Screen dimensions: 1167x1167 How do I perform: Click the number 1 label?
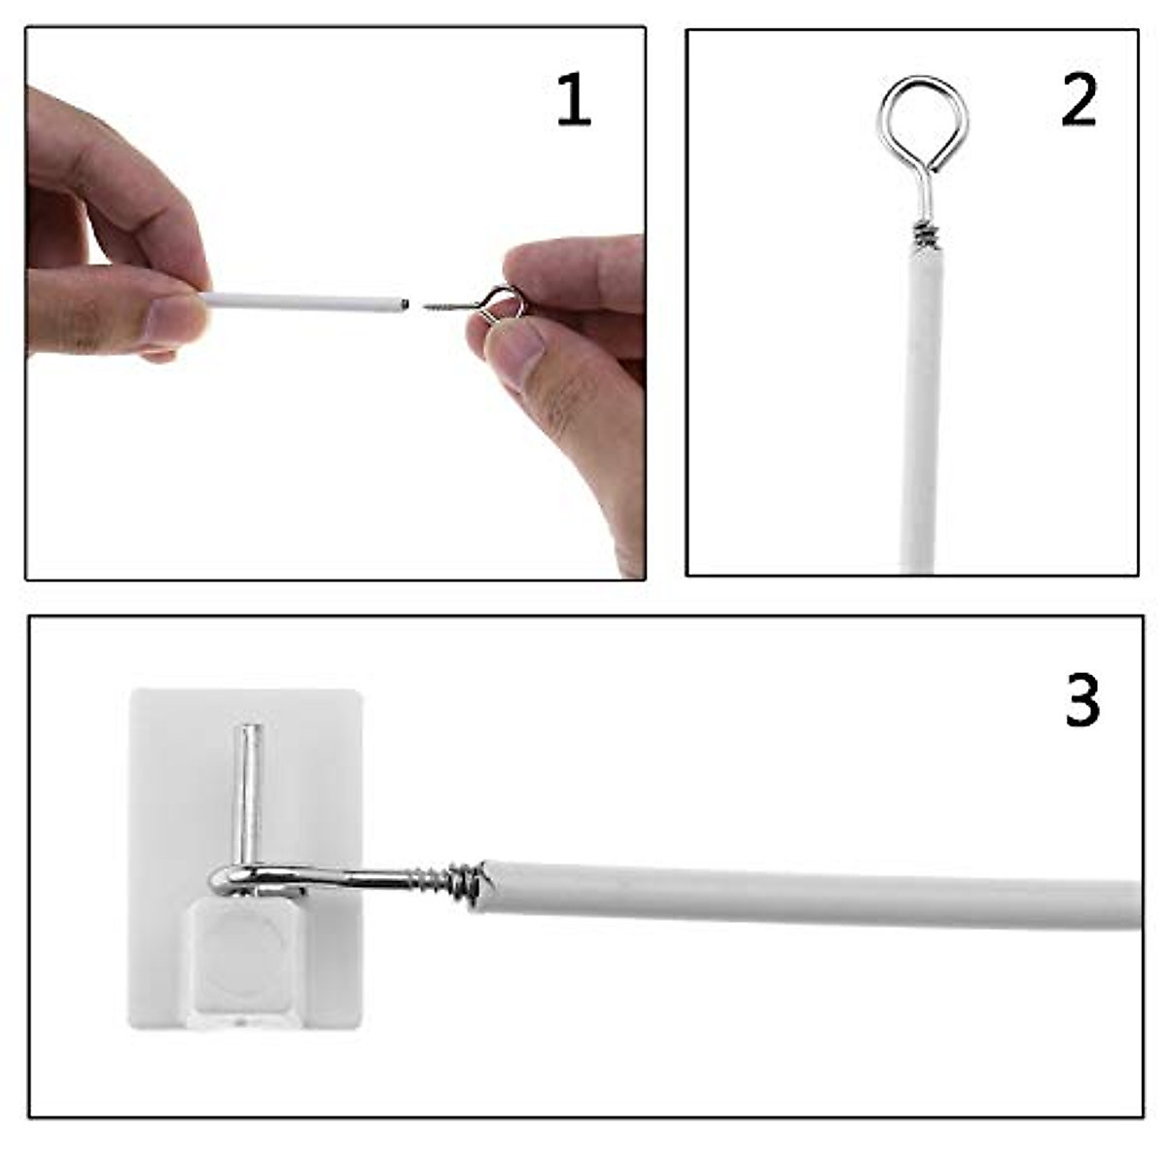click(x=573, y=101)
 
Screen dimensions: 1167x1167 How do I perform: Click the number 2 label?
click(x=1079, y=100)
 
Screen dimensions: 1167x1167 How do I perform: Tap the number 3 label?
click(x=1081, y=699)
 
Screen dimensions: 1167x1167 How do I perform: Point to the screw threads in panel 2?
click(x=925, y=234)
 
